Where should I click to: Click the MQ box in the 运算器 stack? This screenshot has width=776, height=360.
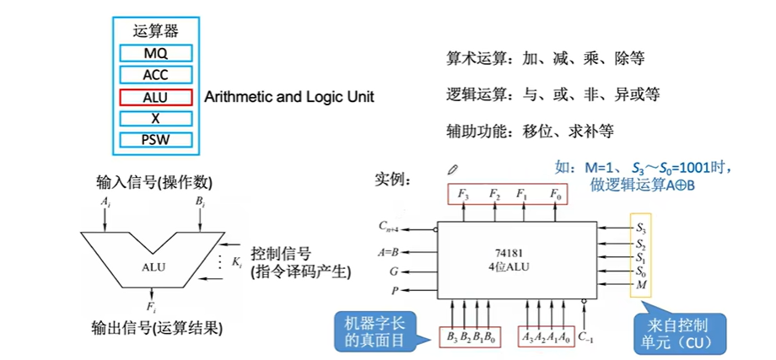coord(156,54)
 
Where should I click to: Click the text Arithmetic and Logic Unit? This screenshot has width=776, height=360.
coord(289,97)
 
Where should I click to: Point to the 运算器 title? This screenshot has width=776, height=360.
coord(156,31)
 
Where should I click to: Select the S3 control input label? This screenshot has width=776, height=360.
coord(641,228)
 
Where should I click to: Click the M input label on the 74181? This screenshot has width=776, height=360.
coord(641,286)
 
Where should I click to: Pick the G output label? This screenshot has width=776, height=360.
coord(393,271)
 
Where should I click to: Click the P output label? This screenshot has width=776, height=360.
coord(394,292)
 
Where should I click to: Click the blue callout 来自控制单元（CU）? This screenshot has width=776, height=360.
coord(676,333)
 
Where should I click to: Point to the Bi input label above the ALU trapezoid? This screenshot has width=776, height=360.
coord(200,201)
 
